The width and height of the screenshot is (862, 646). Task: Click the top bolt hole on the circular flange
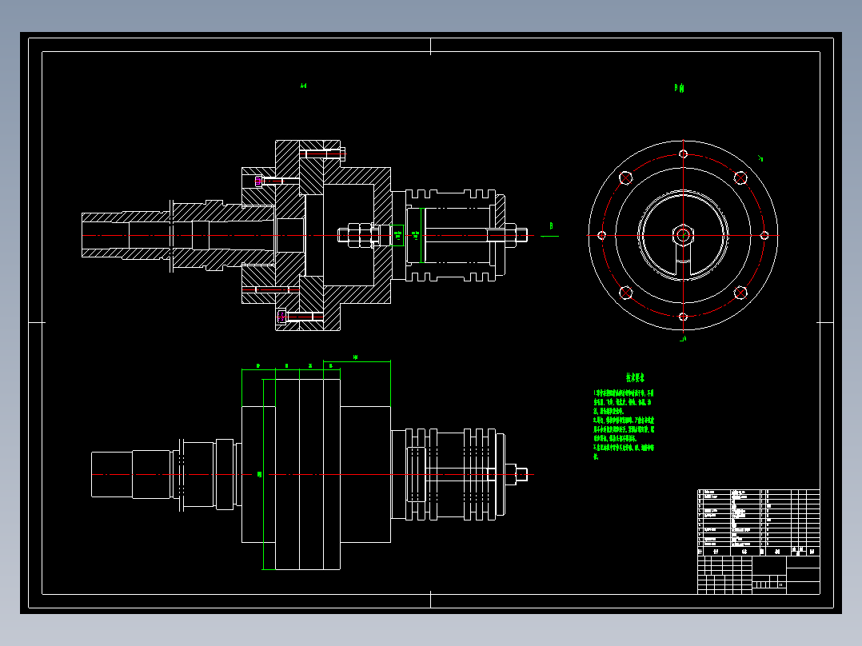[x=683, y=154]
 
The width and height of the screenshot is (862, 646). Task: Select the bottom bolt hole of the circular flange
[x=683, y=317]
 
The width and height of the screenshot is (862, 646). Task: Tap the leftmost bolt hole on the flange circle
[x=601, y=235]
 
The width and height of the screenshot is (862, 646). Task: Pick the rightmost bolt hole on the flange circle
[x=764, y=235]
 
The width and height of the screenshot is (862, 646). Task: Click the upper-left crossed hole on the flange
[x=625, y=177]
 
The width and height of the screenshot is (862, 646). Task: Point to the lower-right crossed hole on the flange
[x=740, y=293]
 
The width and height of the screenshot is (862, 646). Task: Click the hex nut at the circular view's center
[x=683, y=235]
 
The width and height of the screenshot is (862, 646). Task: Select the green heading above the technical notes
[x=636, y=377]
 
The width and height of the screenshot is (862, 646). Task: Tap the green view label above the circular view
[x=679, y=89]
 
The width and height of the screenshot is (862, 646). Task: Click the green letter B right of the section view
[x=551, y=227]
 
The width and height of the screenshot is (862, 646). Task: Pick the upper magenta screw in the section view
[x=258, y=181]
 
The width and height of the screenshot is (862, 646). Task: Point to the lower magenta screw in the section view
[x=281, y=317]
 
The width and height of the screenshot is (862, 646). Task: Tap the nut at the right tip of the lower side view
[x=521, y=474]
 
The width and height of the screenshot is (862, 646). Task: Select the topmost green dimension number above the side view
[x=354, y=357]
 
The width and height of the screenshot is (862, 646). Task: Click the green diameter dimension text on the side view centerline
[x=259, y=474]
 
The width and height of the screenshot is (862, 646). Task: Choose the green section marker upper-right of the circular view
[x=760, y=158]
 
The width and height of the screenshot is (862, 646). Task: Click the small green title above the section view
[x=304, y=86]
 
